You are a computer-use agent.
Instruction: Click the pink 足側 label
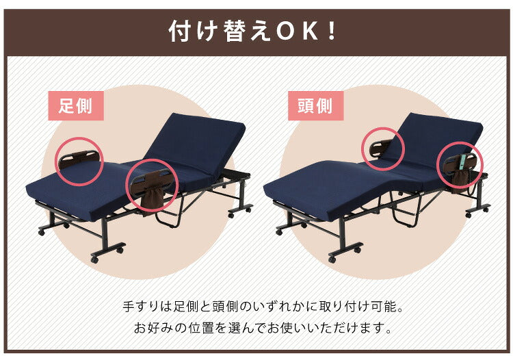coord(76,106)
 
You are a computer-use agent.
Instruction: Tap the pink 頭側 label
coord(315,106)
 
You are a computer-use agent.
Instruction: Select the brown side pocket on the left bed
coord(152,198)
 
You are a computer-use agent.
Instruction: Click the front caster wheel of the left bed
coord(96,259)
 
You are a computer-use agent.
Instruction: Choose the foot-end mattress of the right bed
coord(315,181)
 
